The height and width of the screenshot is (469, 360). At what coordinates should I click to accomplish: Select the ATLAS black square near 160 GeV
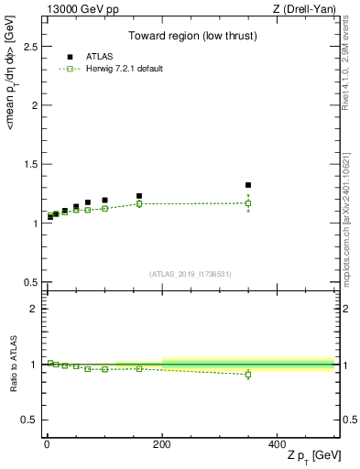pyautogui.click(x=139, y=196)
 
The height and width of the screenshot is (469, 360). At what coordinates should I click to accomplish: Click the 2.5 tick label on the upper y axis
pyautogui.click(x=29, y=45)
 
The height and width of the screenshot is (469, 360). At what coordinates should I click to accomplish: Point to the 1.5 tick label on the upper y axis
pyautogui.click(x=29, y=164)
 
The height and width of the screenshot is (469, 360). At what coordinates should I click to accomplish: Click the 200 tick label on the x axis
pyautogui.click(x=162, y=443)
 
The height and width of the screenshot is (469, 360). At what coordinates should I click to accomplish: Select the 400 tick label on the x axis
pyautogui.click(x=277, y=443)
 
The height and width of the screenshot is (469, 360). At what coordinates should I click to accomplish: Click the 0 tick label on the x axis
pyautogui.click(x=48, y=443)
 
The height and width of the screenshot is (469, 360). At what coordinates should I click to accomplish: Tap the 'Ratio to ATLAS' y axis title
pyautogui.click(x=12, y=365)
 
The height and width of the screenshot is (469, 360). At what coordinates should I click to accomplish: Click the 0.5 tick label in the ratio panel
pyautogui.click(x=29, y=420)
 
